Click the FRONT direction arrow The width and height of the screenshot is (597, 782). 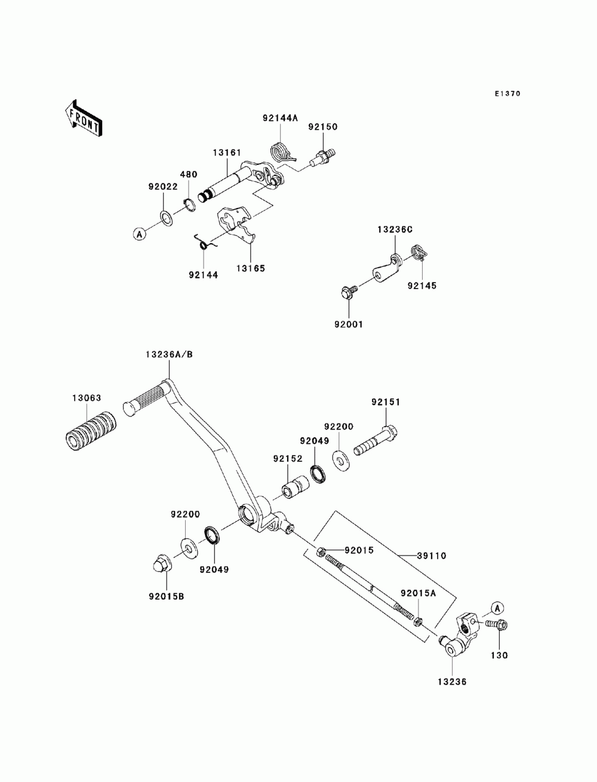pyautogui.click(x=84, y=117)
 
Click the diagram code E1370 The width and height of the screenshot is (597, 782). pyautogui.click(x=507, y=94)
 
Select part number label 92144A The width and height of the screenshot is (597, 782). pyautogui.click(x=280, y=118)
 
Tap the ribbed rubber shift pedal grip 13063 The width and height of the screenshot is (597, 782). pyautogui.click(x=91, y=431)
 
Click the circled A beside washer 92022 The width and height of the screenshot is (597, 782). pyautogui.click(x=140, y=234)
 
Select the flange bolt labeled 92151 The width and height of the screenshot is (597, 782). pyautogui.click(x=376, y=440)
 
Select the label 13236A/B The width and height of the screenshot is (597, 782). pyautogui.click(x=169, y=354)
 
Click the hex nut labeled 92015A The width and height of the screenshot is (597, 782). pyautogui.click(x=417, y=622)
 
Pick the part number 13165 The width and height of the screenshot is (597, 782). pyautogui.click(x=251, y=268)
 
